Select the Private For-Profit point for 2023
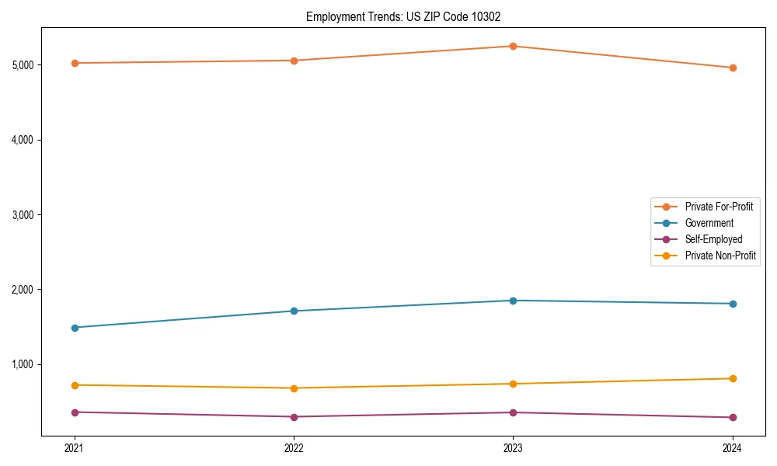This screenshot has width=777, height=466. click(x=513, y=46)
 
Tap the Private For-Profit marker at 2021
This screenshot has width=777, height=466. click(x=75, y=63)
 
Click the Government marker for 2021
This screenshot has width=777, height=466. click(x=75, y=328)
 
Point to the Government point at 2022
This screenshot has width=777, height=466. click(x=294, y=311)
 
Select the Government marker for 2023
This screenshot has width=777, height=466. click(x=513, y=301)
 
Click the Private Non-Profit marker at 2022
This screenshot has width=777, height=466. click(x=294, y=388)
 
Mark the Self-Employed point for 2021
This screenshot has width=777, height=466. click(x=75, y=412)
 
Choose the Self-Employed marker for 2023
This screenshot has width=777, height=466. click(x=513, y=412)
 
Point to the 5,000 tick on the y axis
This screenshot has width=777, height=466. click(x=23, y=64)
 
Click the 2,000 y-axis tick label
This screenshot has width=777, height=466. click(x=23, y=290)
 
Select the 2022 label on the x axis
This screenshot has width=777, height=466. click(x=294, y=447)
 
